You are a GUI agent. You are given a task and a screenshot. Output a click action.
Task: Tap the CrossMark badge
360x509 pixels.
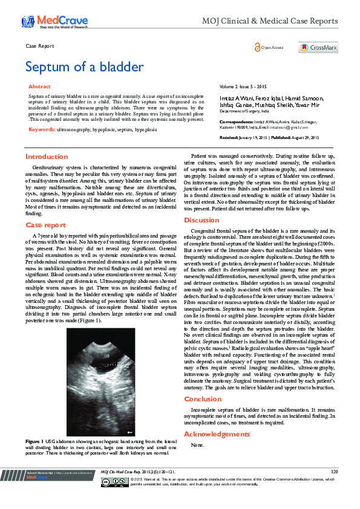coord(318,47)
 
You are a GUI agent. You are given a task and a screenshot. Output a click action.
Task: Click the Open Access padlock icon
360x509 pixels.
coord(258,47)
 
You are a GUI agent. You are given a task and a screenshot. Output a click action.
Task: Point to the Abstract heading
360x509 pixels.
coord(40,87)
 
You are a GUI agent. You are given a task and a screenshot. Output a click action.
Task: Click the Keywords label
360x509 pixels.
coord(42,129)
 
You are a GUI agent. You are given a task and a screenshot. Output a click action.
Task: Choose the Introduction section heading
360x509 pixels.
coord(46,157)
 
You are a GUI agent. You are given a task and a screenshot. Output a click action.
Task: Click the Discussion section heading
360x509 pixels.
coord(201,220)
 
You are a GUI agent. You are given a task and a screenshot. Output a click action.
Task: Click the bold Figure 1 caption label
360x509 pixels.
coord(33,443)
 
